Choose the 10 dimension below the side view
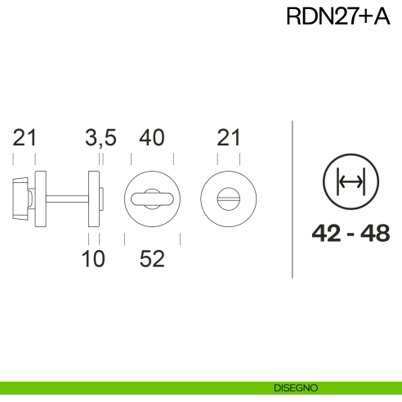click(x=93, y=259)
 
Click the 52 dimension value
click(x=152, y=259)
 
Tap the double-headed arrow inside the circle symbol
click(x=351, y=181)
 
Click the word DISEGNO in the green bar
click(x=296, y=387)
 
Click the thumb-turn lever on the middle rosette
click(x=151, y=197)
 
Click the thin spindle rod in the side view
click(x=69, y=197)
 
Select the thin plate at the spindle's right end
click(x=95, y=197)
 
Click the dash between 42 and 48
click(x=351, y=234)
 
